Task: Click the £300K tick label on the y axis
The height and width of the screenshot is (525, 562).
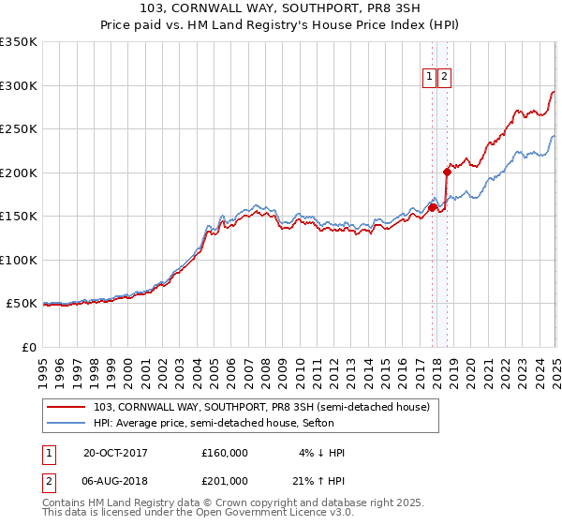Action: click(x=19, y=85)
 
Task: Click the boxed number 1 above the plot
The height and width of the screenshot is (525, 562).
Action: click(x=430, y=78)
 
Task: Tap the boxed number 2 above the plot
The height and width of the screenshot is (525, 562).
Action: click(x=444, y=78)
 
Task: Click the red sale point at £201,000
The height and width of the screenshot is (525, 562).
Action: click(x=447, y=172)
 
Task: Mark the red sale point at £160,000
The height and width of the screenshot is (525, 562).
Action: click(x=433, y=207)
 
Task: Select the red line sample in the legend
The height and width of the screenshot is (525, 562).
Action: click(x=67, y=407)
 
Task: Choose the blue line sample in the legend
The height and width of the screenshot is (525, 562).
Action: click(x=67, y=423)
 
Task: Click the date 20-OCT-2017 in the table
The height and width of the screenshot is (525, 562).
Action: click(x=115, y=452)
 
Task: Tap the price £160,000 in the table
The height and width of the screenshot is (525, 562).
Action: click(x=225, y=452)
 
